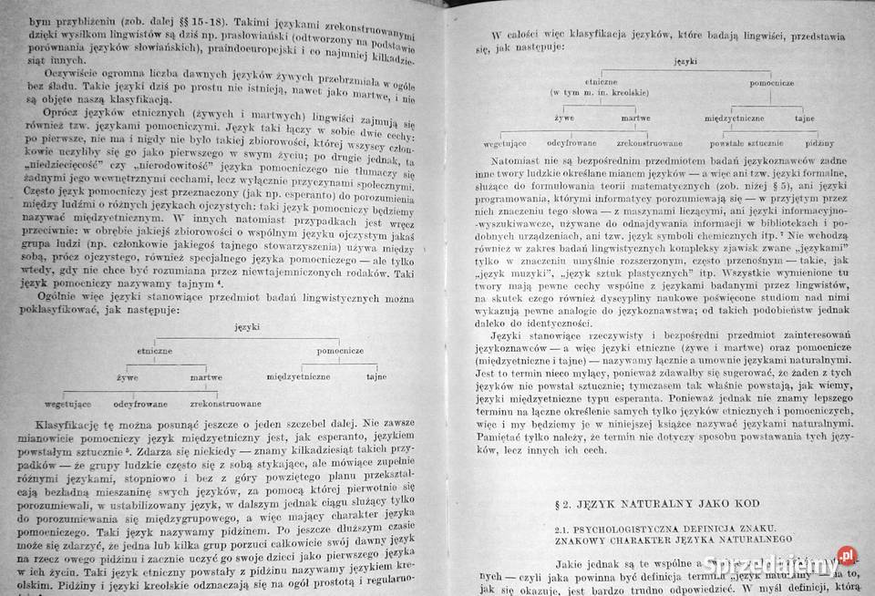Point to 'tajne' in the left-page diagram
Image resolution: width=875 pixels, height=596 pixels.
click(x=376, y=375)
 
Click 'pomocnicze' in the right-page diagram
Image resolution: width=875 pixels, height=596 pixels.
click(x=776, y=83)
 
